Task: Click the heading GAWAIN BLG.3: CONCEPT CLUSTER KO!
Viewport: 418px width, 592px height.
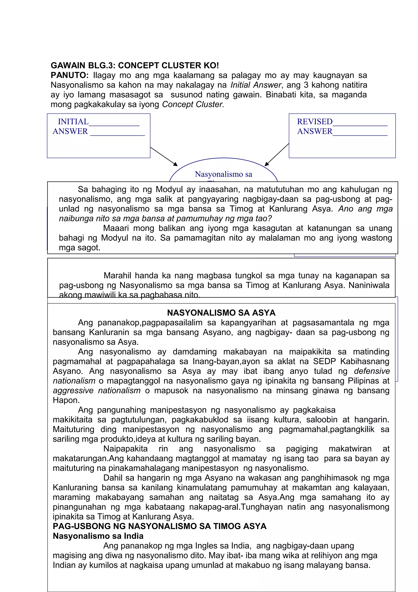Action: click(x=135, y=66)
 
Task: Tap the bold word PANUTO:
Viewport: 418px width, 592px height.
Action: click(x=70, y=75)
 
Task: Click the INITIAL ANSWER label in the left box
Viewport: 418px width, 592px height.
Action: click(x=71, y=126)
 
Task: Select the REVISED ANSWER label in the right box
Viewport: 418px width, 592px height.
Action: click(x=315, y=126)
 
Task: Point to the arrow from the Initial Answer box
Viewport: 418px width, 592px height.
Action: click(x=164, y=156)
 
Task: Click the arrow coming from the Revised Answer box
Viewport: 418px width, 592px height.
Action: click(x=277, y=155)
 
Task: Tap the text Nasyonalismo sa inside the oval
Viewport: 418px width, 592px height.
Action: click(x=223, y=174)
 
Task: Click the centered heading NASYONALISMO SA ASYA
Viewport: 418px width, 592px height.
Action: click(x=221, y=313)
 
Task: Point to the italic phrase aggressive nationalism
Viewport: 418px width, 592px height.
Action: click(x=97, y=391)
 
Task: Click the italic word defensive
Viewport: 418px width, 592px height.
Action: click(x=372, y=371)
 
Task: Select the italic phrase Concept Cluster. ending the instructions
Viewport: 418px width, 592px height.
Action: click(x=193, y=104)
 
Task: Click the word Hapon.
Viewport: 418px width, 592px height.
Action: click(x=66, y=400)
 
